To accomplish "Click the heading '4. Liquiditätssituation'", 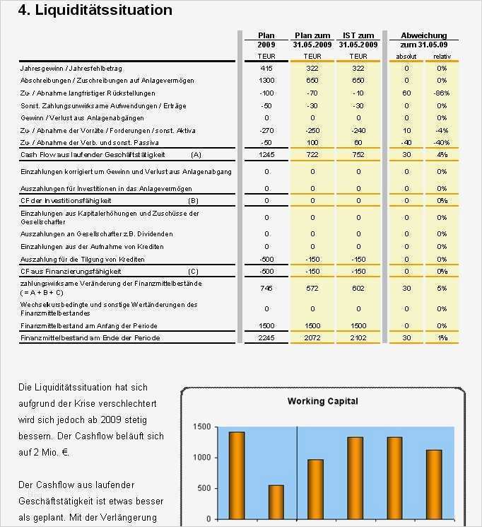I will [95, 11].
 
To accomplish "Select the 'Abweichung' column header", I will [423, 35].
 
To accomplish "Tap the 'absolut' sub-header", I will [406, 56].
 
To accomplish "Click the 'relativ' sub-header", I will [442, 56].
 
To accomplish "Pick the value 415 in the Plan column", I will [266, 69].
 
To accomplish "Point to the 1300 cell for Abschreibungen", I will [266, 81].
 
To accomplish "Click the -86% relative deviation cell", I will [442, 93].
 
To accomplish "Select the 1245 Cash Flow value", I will [266, 154].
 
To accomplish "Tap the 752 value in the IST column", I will [358, 154].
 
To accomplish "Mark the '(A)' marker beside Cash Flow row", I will [196, 154].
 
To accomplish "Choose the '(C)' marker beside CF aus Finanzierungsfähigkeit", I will [193, 272].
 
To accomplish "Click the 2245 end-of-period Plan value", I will [266, 338].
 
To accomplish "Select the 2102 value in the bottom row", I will [358, 338].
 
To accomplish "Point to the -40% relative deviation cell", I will [442, 142].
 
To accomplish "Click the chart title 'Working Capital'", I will [322, 401].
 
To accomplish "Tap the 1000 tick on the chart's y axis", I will [201, 458].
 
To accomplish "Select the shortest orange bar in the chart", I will [276, 502].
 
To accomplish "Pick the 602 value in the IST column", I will [358, 288].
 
